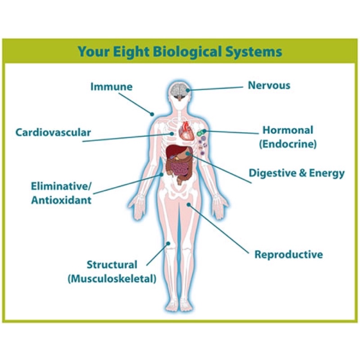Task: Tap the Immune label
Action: [x=112, y=86]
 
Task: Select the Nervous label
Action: [x=269, y=85]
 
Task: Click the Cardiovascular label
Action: [x=53, y=132]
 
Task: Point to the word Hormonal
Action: [x=288, y=130]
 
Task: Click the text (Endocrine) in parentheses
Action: [x=288, y=144]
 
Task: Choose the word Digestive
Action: [x=271, y=173]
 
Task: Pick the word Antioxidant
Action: [x=61, y=200]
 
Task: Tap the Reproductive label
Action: [x=288, y=254]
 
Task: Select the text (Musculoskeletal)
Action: [x=112, y=279]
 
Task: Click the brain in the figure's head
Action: [x=180, y=90]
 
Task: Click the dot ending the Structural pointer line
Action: [x=168, y=243]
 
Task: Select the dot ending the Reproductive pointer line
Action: [x=190, y=205]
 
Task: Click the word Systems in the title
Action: [x=256, y=51]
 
